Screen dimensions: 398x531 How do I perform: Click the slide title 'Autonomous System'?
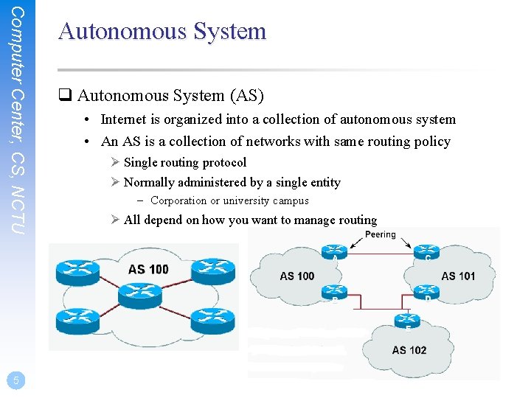(x=162, y=32)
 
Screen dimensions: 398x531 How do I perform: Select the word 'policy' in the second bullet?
(x=431, y=142)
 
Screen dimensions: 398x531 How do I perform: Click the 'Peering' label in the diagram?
(x=381, y=234)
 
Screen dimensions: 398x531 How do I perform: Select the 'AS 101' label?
(x=458, y=276)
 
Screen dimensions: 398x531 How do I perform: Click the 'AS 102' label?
(x=409, y=350)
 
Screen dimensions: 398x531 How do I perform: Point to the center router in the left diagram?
(x=143, y=296)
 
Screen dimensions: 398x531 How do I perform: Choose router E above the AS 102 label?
(x=408, y=321)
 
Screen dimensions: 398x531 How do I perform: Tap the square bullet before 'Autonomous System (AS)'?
(x=65, y=96)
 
